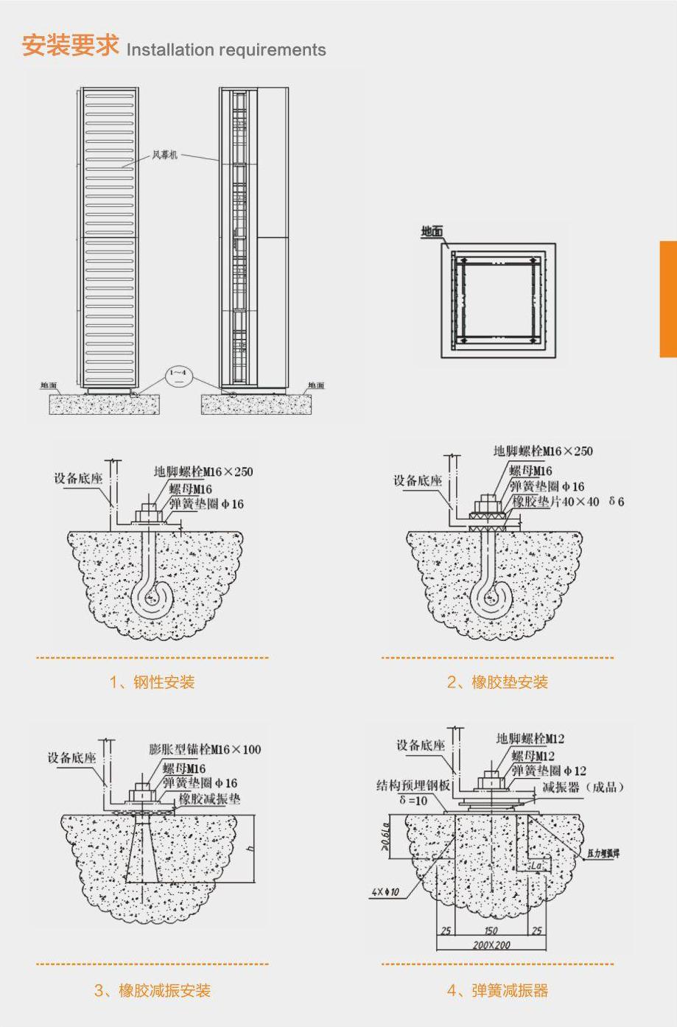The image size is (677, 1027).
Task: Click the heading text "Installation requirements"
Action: coord(226,50)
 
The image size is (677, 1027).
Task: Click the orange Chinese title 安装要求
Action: coord(70,45)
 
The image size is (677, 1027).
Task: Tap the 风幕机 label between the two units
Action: coord(164,155)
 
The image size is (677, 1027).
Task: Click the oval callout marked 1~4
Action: coord(180,376)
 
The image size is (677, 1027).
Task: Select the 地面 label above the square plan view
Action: coord(432,231)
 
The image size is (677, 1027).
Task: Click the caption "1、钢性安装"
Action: coord(152,682)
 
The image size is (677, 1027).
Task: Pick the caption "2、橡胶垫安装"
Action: coord(497,682)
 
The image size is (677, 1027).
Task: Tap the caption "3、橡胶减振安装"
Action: coord(152,990)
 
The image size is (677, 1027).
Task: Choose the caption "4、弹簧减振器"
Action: coord(497,990)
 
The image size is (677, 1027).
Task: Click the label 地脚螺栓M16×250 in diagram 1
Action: coord(203,472)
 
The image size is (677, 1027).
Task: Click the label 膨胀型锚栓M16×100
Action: coord(205,749)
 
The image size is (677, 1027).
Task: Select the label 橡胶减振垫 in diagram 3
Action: coord(209,799)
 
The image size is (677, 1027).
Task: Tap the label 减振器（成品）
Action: coord(583,787)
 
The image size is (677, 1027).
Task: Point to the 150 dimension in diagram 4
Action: coord(491,930)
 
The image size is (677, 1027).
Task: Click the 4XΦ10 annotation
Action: coord(385,892)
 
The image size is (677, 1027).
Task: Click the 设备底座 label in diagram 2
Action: coord(417,480)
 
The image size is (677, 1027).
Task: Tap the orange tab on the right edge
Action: coord(668,298)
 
